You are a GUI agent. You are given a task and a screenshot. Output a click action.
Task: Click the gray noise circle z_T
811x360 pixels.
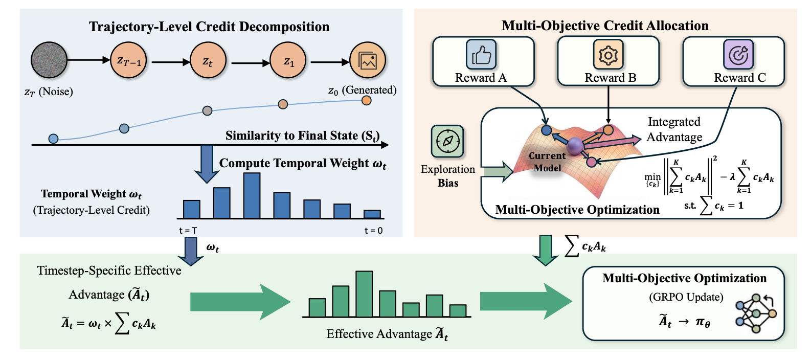(x=49, y=60)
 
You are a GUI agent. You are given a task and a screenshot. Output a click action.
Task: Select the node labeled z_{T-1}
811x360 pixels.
(x=128, y=60)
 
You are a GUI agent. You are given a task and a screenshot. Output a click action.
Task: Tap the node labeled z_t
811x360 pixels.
(x=208, y=60)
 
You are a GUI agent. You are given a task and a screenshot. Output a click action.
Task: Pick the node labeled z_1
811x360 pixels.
(x=288, y=60)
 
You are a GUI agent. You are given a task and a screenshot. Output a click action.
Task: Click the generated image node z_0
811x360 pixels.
(x=368, y=60)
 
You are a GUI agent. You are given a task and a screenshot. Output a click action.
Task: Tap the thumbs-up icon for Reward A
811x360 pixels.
(x=481, y=54)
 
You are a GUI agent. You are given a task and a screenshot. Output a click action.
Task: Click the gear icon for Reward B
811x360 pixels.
(x=609, y=54)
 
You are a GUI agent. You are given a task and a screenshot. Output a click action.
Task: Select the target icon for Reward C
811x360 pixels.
(x=738, y=54)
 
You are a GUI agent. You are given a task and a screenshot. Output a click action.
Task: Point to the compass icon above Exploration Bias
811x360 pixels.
(x=447, y=141)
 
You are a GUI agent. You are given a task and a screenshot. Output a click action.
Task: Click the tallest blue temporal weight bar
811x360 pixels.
(x=252, y=195)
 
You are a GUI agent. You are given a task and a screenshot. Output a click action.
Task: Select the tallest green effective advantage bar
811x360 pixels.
(x=364, y=294)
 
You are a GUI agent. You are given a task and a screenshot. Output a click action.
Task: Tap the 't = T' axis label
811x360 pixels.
(x=188, y=231)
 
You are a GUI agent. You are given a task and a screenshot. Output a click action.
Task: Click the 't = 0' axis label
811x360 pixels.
(x=373, y=231)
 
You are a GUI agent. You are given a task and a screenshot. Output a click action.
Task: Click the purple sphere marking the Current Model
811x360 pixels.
(x=575, y=146)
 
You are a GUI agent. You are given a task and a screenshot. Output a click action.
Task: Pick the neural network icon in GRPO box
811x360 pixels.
(x=756, y=313)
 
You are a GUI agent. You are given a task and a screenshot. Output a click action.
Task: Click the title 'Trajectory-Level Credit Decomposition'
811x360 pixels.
(x=209, y=27)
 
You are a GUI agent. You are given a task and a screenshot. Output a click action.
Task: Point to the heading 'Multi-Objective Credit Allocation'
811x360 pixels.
(x=605, y=26)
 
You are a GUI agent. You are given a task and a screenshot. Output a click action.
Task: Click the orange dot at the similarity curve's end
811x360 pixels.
(x=367, y=100)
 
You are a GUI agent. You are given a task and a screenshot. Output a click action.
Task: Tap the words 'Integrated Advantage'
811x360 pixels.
(x=674, y=129)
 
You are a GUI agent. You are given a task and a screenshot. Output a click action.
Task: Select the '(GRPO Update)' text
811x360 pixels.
(x=686, y=297)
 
